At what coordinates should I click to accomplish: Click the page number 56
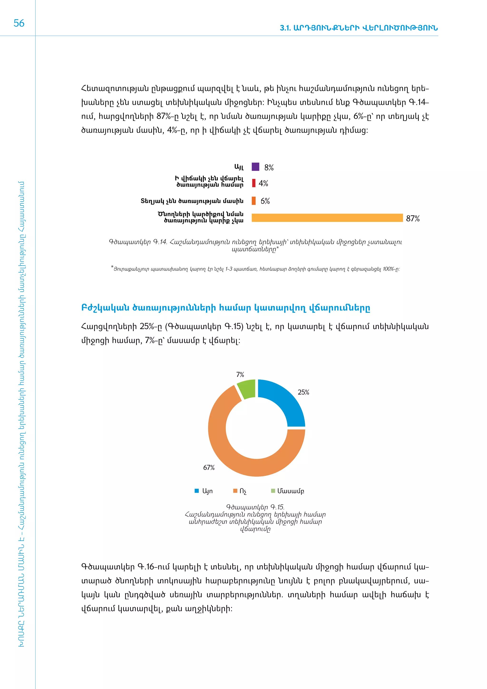click(19, 23)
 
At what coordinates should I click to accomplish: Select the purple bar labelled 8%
click(255, 167)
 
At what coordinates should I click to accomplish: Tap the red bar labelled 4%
click(254, 183)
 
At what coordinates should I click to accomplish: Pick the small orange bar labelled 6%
click(254, 201)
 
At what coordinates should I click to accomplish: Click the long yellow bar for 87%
click(327, 218)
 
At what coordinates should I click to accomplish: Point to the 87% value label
click(413, 219)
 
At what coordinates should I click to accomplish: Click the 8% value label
click(269, 168)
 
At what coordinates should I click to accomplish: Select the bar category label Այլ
click(239, 167)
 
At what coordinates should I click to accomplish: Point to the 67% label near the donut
click(209, 468)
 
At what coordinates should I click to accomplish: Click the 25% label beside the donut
click(303, 392)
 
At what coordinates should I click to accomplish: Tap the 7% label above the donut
click(240, 374)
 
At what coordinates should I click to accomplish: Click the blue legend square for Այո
click(197, 491)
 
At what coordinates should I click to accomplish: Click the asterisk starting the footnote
click(112, 267)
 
